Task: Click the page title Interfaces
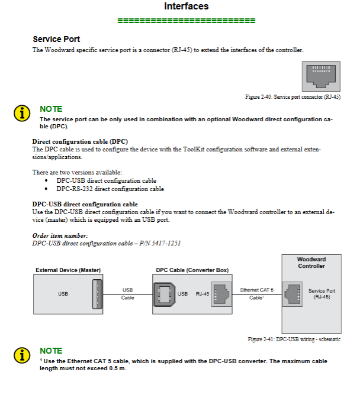click(186, 7)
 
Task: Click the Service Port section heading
click(56, 39)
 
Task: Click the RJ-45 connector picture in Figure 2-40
click(320, 76)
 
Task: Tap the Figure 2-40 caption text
click(292, 96)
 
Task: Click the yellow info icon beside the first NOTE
click(22, 113)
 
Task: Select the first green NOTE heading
click(50, 109)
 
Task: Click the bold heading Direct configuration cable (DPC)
click(80, 142)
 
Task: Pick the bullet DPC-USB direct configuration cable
click(106, 181)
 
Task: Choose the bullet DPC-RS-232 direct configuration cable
click(110, 189)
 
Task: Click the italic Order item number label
click(60, 235)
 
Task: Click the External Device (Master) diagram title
click(68, 270)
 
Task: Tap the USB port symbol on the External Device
click(97, 293)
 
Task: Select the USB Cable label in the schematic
click(128, 293)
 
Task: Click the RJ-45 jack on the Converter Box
click(220, 293)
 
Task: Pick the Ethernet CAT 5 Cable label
click(256, 293)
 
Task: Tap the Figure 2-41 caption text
click(294, 339)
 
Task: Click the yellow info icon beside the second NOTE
click(22, 355)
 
